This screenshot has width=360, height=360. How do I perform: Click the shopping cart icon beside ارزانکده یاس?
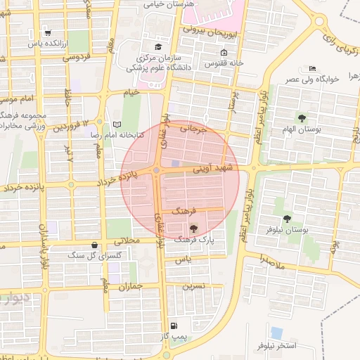(47, 32)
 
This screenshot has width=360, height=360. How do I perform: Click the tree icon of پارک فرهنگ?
(193, 228)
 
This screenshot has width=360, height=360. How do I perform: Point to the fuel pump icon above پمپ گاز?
(174, 326)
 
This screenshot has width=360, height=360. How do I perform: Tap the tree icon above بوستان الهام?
(302, 118)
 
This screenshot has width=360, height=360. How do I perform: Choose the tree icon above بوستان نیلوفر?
(287, 219)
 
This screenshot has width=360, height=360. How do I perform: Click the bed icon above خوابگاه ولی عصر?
(312, 68)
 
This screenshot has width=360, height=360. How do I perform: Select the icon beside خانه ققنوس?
(224, 53)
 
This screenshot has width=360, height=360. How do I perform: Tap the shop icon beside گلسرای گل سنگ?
(94, 245)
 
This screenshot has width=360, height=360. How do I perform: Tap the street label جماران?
(131, 287)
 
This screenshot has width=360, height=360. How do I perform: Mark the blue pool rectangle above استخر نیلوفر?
(276, 332)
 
